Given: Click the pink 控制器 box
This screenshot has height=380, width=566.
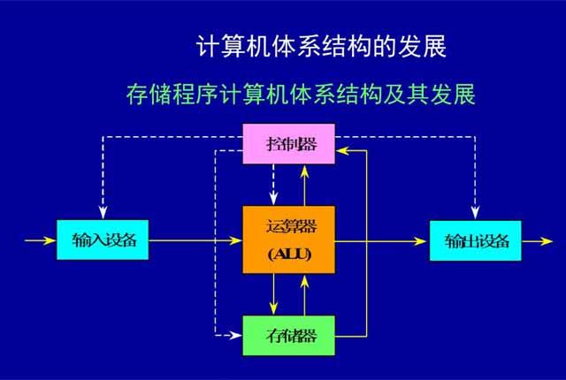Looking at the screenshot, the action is click(289, 143).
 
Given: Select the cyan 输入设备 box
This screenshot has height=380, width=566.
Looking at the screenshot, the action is click(102, 239).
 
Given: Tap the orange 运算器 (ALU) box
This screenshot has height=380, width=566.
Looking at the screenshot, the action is click(289, 239).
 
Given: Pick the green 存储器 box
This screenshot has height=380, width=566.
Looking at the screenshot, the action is click(289, 335).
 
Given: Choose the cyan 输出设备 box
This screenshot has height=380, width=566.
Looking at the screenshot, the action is click(476, 239).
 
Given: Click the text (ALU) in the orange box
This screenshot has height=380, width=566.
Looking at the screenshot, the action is click(289, 256).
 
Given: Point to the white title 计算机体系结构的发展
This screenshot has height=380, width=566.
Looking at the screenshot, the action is click(320, 46).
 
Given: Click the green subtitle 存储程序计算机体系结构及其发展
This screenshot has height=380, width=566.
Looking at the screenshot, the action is click(301, 95).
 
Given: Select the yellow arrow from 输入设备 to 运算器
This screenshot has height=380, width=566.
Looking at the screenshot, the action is click(195, 239).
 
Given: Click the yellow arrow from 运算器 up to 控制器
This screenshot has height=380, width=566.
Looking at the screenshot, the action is click(304, 185).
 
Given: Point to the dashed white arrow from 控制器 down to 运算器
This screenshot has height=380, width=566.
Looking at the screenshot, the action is click(274, 185).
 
